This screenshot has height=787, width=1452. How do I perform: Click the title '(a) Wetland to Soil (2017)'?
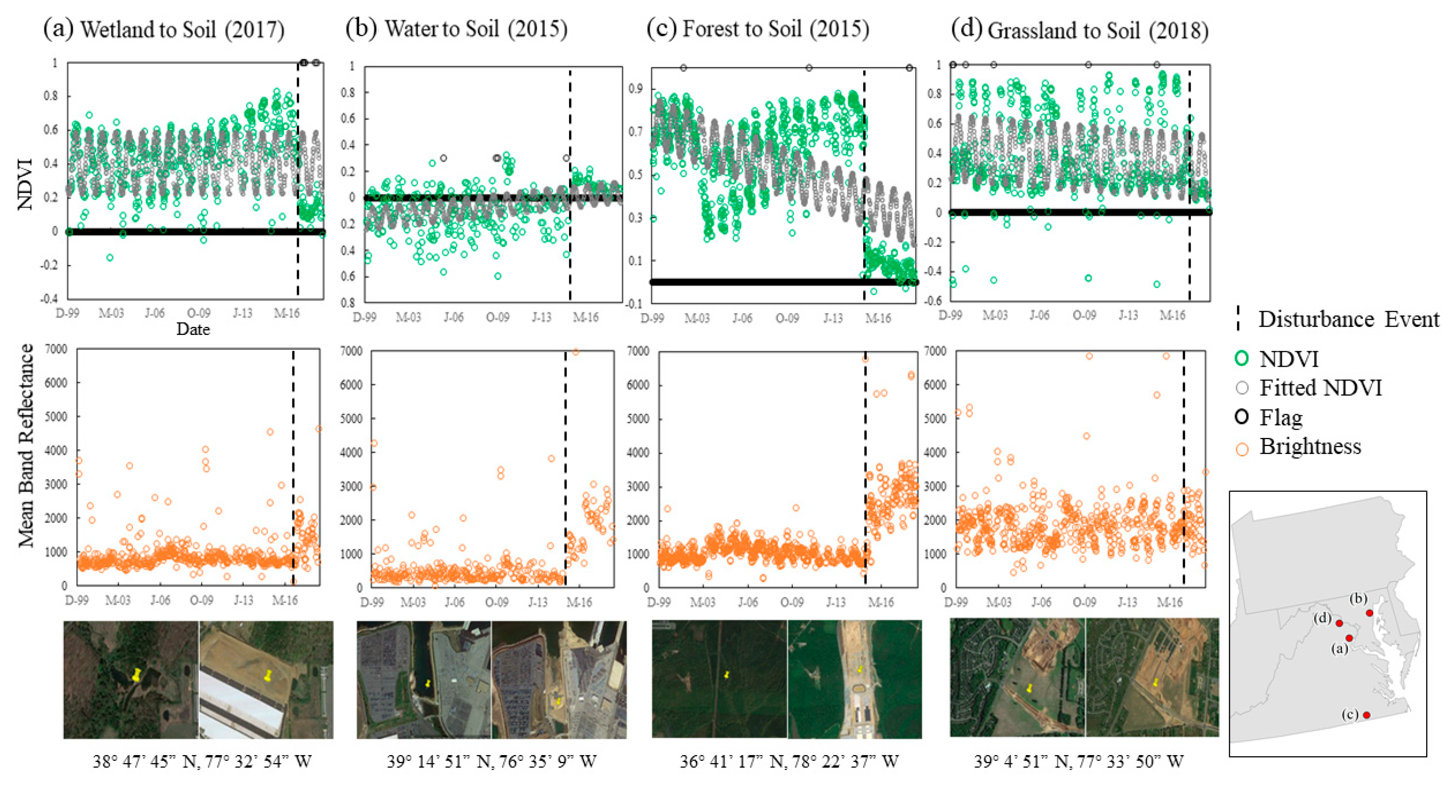(164, 29)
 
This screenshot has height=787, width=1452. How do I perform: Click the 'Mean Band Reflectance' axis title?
(25, 445)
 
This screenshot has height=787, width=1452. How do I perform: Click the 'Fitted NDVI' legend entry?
(1320, 388)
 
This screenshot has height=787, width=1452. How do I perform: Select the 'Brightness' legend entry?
(1309, 446)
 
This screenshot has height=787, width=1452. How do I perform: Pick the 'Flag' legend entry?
(1280, 417)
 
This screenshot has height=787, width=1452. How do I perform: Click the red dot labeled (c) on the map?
(1366, 715)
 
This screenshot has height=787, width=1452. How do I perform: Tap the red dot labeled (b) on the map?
(1369, 613)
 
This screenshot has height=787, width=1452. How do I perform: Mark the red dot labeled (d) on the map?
(1339, 623)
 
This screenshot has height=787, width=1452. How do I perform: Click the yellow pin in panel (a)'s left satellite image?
(136, 674)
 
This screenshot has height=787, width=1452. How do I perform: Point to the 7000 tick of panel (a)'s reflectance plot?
(56, 349)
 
